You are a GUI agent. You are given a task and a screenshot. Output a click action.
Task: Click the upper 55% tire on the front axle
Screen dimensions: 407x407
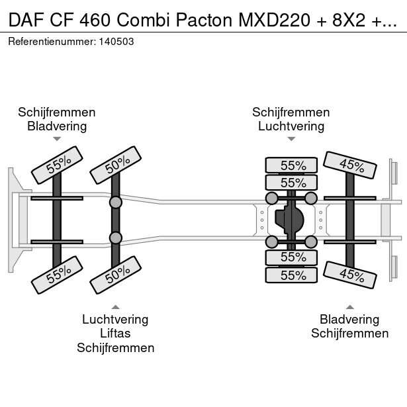57,165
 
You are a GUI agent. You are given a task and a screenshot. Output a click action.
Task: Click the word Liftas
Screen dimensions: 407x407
115,334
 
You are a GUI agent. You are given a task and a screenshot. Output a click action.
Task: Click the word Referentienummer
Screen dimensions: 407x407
51,41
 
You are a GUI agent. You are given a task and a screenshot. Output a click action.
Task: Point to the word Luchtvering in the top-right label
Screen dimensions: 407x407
291,126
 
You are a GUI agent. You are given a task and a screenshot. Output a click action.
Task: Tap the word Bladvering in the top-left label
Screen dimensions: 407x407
57,126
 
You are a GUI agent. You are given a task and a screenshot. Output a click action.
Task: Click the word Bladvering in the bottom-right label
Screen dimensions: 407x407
349,320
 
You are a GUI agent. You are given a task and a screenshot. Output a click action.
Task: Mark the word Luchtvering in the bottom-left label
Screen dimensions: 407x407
115,320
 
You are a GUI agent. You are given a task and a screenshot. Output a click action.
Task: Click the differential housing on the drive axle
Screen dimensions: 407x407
291,218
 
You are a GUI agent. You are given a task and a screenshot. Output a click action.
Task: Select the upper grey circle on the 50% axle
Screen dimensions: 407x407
115,201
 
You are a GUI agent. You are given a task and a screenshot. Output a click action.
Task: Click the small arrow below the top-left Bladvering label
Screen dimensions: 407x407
57,139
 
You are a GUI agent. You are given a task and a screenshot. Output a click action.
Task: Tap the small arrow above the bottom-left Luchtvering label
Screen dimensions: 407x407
115,306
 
